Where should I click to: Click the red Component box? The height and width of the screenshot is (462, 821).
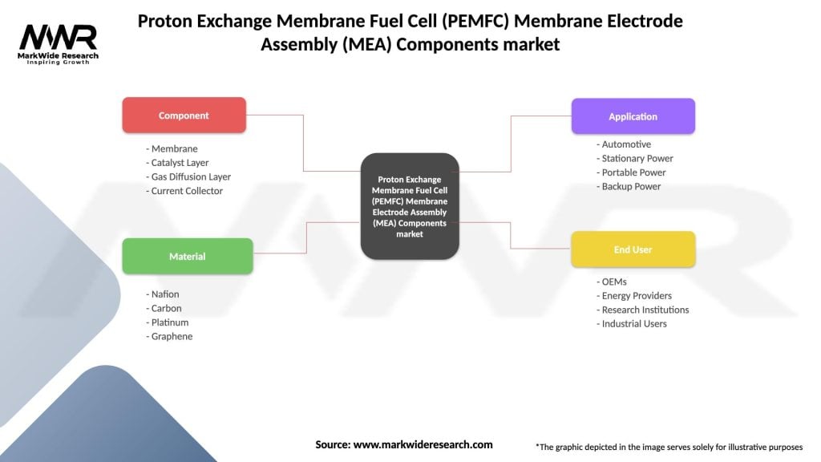(184, 115)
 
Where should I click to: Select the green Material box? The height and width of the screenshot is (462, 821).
(187, 257)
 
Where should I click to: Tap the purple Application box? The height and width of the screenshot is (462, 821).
(633, 116)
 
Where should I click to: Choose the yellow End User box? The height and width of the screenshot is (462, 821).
(633, 249)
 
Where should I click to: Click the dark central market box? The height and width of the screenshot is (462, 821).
(410, 206)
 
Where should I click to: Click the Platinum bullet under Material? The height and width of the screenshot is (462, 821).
(167, 322)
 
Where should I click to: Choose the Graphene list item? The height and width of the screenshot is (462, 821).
(169, 337)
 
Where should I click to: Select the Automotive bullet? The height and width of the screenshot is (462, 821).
(624, 144)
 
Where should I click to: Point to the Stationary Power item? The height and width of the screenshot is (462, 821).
(635, 159)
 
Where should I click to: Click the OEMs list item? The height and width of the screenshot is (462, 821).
(612, 282)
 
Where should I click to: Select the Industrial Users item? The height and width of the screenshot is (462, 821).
(631, 324)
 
